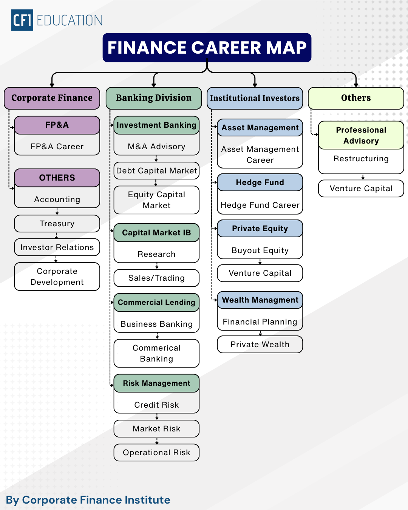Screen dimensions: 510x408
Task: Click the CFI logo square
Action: pyautogui.click(x=22, y=20)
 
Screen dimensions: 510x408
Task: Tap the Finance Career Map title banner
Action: pyautogui.click(x=207, y=48)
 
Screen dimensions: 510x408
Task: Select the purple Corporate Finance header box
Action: pyautogui.click(x=52, y=98)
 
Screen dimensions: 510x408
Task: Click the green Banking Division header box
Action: pyautogui.click(x=154, y=98)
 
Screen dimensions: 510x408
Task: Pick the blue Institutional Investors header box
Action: pyautogui.click(x=255, y=98)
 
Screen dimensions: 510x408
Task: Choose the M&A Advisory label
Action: pyautogui.click(x=156, y=147)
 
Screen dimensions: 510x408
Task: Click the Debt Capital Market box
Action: pyautogui.click(x=156, y=171)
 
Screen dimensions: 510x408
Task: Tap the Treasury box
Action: pyautogui.click(x=57, y=224)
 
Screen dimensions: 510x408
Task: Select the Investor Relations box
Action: pyautogui.click(x=57, y=247)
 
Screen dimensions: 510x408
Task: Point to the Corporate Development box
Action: pyautogui.click(x=57, y=277)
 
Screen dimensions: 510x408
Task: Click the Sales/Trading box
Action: pyautogui.click(x=156, y=278)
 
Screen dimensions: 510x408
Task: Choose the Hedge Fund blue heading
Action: pyautogui.click(x=260, y=182)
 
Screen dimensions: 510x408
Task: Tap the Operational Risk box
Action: pyautogui.click(x=156, y=453)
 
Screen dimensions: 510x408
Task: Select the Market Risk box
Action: pyautogui.click(x=156, y=429)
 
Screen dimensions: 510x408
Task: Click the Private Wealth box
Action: pyautogui.click(x=260, y=345)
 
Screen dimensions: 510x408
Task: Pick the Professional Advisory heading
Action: pyautogui.click(x=361, y=135)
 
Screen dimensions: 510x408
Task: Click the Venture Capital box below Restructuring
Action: pyautogui.click(x=361, y=189)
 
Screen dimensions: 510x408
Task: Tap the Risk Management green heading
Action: pyautogui.click(x=156, y=383)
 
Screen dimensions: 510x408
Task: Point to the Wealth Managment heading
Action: pyautogui.click(x=260, y=300)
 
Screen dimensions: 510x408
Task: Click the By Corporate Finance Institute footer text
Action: pyautogui.click(x=88, y=500)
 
